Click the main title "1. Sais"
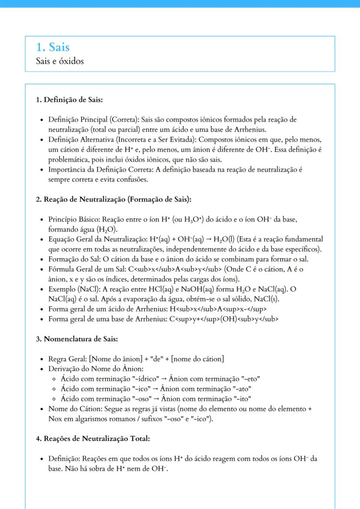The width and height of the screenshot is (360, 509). click(x=53, y=47)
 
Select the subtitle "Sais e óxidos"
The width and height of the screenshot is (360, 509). click(x=60, y=61)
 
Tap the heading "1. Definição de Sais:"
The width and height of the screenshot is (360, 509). click(x=69, y=100)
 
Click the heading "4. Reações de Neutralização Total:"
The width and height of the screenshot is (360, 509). click(x=93, y=439)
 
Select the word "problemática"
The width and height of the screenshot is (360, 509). click(x=67, y=160)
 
